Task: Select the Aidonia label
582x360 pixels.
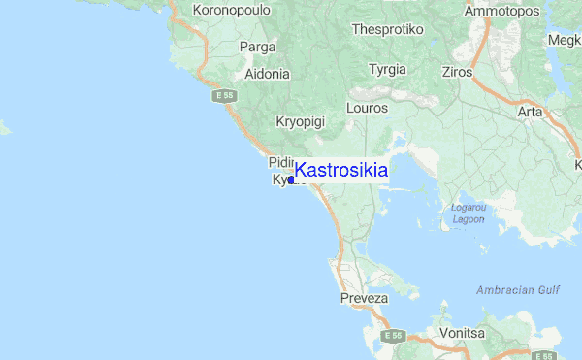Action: click(x=268, y=73)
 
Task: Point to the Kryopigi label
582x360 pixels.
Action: click(x=300, y=122)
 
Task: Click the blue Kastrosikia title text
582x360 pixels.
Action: click(x=340, y=171)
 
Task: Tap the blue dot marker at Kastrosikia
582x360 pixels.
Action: click(x=291, y=180)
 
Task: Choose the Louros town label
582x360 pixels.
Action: click(x=367, y=109)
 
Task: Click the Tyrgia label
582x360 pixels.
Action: click(x=388, y=70)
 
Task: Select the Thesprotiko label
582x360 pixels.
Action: click(x=388, y=29)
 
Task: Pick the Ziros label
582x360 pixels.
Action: click(x=457, y=72)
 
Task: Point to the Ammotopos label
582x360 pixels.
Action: click(x=501, y=12)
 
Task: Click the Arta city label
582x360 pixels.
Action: click(x=530, y=113)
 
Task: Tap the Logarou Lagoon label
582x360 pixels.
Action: click(x=469, y=213)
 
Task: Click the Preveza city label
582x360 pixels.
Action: click(x=364, y=298)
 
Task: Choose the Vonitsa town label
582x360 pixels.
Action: click(x=462, y=333)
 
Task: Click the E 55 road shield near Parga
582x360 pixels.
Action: click(x=225, y=96)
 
